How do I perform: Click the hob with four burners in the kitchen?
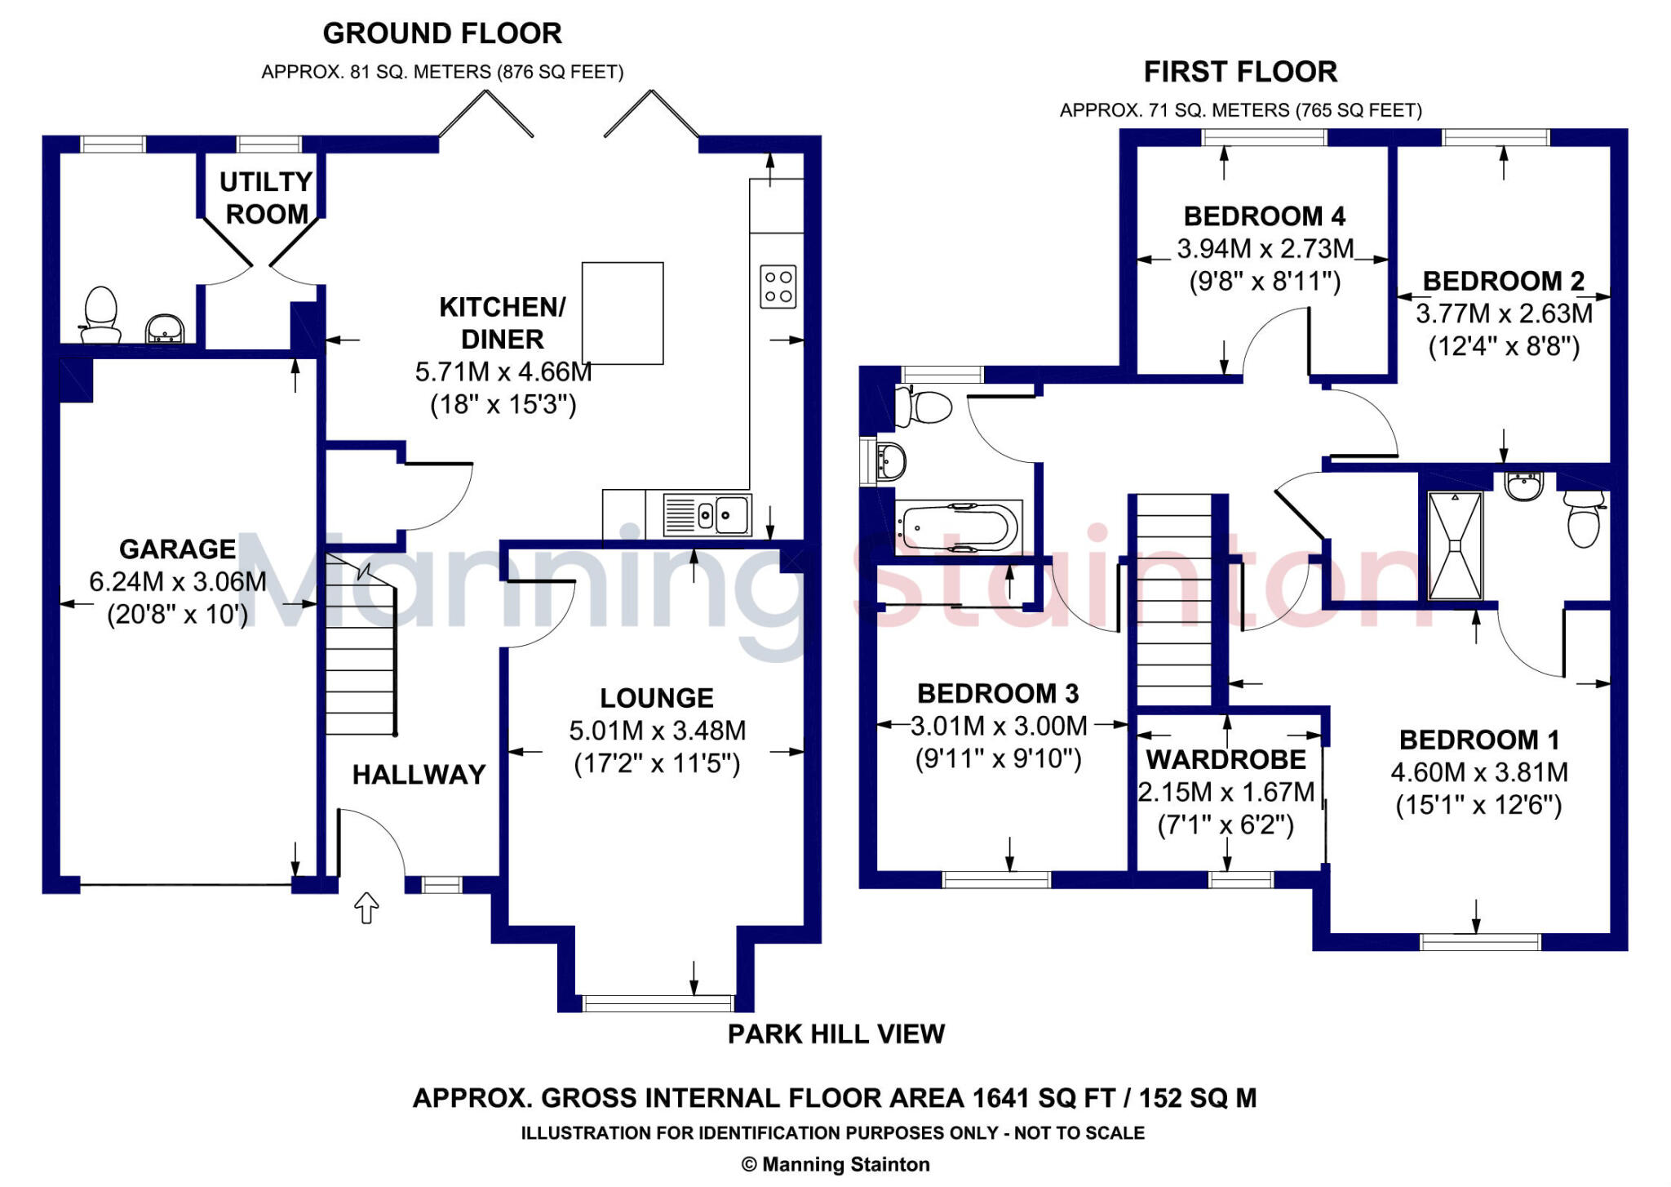click(778, 287)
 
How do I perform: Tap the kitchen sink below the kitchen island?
click(707, 514)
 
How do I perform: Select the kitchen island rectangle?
click(623, 313)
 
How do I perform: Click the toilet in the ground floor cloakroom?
click(100, 315)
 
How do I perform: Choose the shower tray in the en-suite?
click(1455, 545)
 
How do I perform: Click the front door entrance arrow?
click(366, 907)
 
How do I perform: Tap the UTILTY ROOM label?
click(266, 198)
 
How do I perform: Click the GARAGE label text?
click(178, 549)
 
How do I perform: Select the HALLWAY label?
click(419, 774)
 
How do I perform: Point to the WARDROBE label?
click(1226, 759)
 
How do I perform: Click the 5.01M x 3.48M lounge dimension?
click(657, 731)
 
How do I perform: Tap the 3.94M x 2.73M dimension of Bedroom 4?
click(1265, 248)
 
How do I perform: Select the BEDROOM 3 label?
click(998, 693)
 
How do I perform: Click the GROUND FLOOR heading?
click(442, 33)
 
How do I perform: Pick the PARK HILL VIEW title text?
click(835, 1034)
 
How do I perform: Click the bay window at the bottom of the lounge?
click(658, 1003)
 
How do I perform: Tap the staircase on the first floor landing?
click(1174, 600)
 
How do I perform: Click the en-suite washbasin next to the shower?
click(1523, 487)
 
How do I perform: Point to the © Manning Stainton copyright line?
click(835, 1164)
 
